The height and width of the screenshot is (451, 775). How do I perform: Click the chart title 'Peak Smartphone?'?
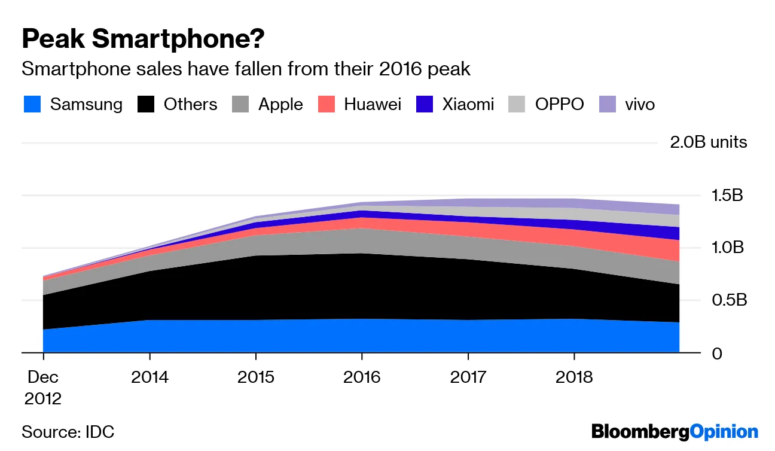point(143,39)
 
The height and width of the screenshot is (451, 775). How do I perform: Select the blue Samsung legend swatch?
point(32,105)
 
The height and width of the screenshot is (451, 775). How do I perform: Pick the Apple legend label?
point(280,105)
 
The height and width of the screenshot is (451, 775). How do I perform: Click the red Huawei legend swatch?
point(325,105)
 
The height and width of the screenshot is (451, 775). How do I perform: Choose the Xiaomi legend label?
point(468,105)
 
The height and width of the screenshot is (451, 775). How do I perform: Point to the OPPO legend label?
point(559,105)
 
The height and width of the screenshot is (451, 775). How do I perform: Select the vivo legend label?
point(640,105)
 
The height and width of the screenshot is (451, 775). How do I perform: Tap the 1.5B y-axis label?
point(725,196)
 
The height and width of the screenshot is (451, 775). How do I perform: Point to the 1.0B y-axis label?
point(726,248)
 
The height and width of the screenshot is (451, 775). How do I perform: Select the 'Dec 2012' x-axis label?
point(43,388)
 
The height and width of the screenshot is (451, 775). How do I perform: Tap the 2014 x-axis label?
point(149,377)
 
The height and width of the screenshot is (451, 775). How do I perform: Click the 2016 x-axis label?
point(362,377)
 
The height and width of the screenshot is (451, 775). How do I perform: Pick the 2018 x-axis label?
point(574,377)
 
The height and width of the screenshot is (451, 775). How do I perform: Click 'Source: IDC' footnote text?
point(68,431)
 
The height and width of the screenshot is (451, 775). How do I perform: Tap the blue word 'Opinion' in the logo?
point(724,431)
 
